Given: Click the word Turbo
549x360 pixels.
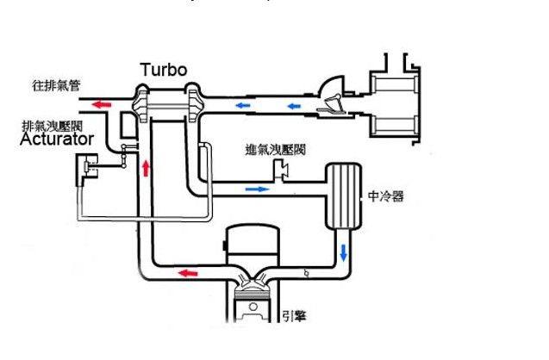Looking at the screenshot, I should [x=163, y=69].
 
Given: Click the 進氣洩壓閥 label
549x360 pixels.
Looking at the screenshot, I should [x=277, y=150].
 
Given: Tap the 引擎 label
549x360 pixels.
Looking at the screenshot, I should [x=295, y=316].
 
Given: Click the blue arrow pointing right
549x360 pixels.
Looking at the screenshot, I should [x=255, y=187].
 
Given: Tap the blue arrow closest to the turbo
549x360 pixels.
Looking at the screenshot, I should [x=245, y=105].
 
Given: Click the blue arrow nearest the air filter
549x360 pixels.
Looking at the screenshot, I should [x=296, y=107].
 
